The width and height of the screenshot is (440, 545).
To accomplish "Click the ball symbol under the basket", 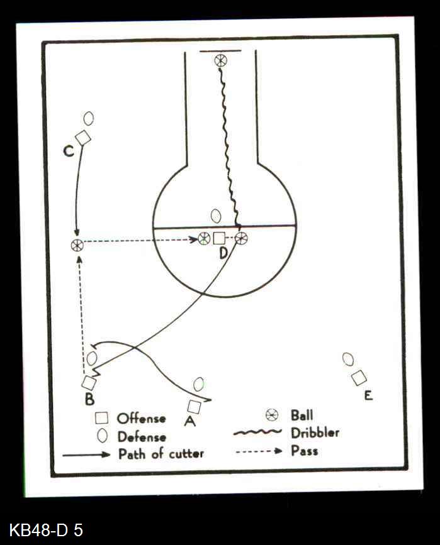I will [x=220, y=60].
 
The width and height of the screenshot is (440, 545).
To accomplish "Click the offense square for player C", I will [x=83, y=138].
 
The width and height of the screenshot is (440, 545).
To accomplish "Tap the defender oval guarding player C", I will [x=89, y=118].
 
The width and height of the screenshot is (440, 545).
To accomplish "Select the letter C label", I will [x=69, y=151].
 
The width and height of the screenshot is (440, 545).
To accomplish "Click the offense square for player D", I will [x=218, y=238].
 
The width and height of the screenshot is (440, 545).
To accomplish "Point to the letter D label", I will [x=223, y=253].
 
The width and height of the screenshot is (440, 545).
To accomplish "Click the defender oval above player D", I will [x=216, y=216].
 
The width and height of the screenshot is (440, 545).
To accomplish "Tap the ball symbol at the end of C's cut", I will [x=77, y=246].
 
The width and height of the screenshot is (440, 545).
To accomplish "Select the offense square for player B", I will [x=89, y=382].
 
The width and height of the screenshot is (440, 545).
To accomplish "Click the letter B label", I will [x=89, y=399].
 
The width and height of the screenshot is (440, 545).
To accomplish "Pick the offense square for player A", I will [x=195, y=407].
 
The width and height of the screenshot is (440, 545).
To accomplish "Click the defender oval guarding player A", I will [x=199, y=383].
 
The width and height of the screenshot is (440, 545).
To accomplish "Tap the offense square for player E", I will [x=359, y=378].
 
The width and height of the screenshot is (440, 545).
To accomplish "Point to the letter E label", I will [x=368, y=395].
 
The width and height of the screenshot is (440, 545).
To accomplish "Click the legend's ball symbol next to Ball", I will [x=272, y=415].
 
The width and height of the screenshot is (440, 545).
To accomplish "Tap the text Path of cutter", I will [x=161, y=453].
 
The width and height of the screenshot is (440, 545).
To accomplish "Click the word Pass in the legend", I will [x=304, y=451].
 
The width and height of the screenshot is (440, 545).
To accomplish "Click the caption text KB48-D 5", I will [x=46, y=529].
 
